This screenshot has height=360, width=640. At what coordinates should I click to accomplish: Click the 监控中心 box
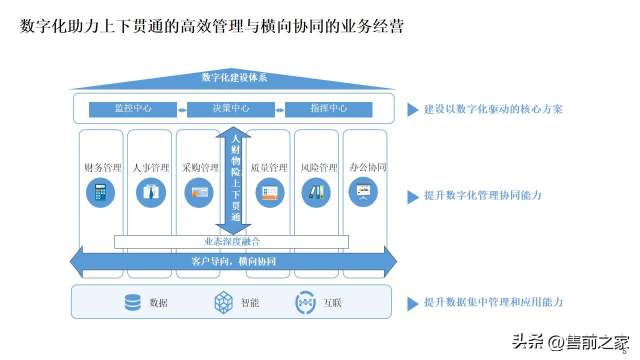tap(133, 109)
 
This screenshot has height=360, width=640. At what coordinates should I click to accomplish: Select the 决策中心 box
tap(231, 109)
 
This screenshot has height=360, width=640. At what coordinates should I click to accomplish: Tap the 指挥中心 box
tap(328, 109)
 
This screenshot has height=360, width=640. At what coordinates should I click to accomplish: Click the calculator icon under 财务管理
tap(100, 192)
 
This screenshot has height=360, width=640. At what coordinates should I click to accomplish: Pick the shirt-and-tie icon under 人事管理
tap(150, 192)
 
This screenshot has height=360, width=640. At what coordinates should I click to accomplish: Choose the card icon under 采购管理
tap(199, 192)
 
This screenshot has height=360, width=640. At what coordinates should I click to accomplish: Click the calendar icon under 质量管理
tap(270, 192)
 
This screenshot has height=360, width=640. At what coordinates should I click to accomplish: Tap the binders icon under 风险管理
tap(316, 192)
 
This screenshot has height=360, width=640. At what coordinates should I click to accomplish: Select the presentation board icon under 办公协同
tap(363, 192)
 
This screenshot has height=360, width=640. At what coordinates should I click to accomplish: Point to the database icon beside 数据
tap(132, 302)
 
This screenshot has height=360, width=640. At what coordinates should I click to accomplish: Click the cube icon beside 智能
tap(223, 302)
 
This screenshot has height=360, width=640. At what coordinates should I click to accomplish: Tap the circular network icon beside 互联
tap(305, 302)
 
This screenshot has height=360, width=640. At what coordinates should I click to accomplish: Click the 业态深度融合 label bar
tap(232, 241)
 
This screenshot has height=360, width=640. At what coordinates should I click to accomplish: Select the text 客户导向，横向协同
tap(233, 261)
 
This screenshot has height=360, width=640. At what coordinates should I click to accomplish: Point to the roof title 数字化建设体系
tap(234, 77)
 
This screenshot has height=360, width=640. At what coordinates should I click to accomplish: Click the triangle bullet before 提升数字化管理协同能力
tap(412, 196)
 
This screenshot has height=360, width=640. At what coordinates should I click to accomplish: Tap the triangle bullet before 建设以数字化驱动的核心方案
tap(412, 109)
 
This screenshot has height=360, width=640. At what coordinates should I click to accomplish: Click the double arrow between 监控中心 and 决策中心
tap(182, 110)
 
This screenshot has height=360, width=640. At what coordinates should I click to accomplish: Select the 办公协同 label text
tap(367, 167)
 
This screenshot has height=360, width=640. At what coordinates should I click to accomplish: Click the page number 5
tap(624, 351)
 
